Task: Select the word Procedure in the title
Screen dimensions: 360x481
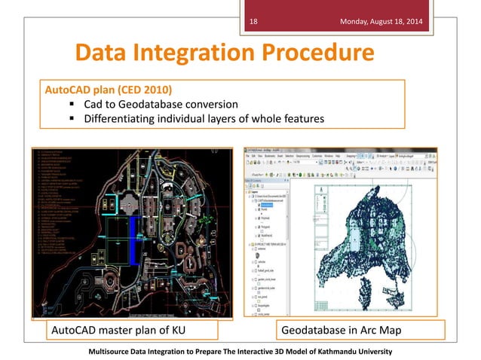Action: (320, 53)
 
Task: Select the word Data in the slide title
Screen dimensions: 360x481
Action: (103, 53)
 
